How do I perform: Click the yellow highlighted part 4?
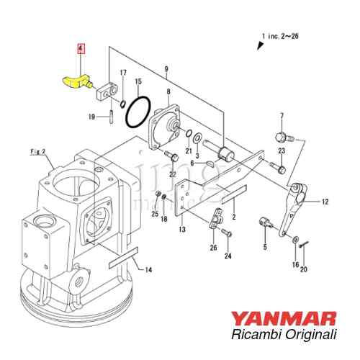[77, 83]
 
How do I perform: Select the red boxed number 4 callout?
[81, 49]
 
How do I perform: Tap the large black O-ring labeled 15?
[138, 112]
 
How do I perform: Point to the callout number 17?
[123, 73]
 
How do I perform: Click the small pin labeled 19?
[112, 117]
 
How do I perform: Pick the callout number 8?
[168, 91]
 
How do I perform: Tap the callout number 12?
[325, 202]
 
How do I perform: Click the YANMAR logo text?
[284, 319]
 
